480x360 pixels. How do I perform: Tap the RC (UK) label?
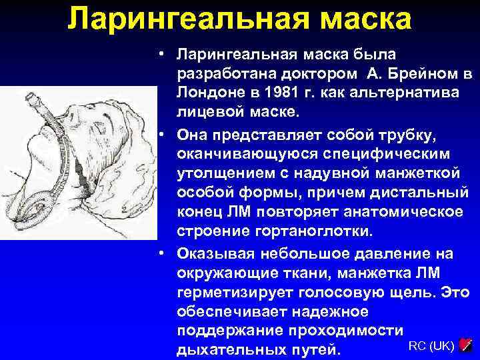coord(433,345)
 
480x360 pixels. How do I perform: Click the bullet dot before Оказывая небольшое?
coord(162,254)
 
